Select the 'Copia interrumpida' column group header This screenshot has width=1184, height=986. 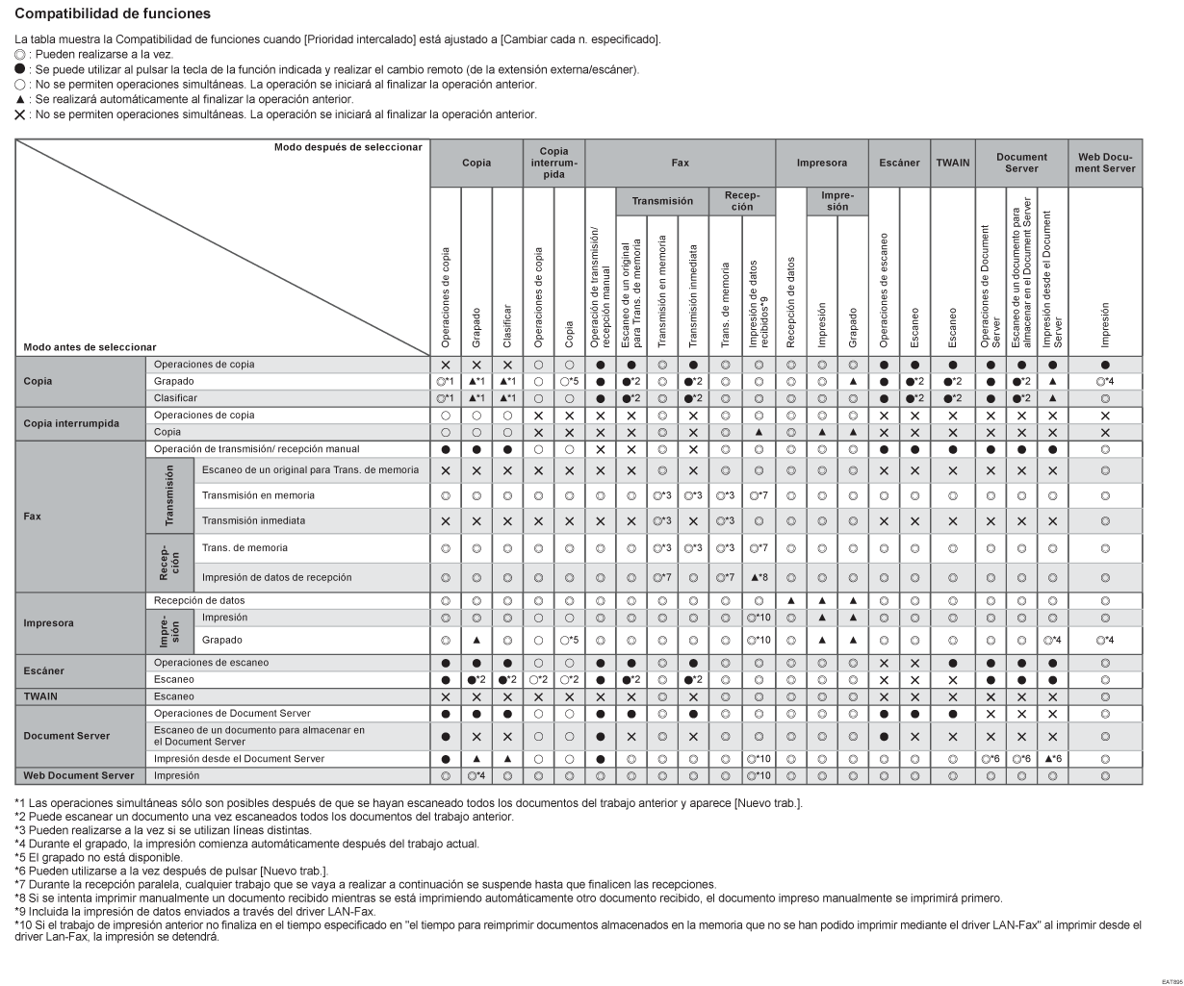coord(553,163)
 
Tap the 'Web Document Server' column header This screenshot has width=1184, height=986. coord(1105,163)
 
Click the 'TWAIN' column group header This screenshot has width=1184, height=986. coord(952,164)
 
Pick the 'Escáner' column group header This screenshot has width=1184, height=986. coord(899,164)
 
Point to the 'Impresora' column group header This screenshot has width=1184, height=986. coord(821,164)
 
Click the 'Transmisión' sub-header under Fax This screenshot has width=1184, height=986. coord(661,202)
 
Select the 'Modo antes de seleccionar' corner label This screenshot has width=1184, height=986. coord(87,346)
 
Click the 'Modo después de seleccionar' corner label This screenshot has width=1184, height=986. coord(347,147)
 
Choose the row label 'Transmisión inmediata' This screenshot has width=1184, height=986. coord(253,520)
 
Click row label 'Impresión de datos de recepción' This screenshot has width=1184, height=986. coord(276,577)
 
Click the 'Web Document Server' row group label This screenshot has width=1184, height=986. coord(79,774)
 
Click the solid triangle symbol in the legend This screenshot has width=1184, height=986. coord(21,99)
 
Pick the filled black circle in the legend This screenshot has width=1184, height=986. coord(21,68)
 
